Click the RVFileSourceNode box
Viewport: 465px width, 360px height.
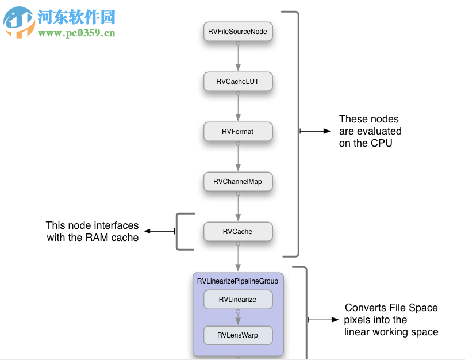click(x=237, y=32)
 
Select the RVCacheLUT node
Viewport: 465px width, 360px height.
click(x=237, y=82)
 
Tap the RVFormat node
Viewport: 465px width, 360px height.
click(x=237, y=132)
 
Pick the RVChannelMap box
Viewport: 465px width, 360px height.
click(x=237, y=182)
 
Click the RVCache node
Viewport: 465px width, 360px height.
click(x=237, y=232)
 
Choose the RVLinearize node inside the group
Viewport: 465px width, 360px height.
click(x=237, y=300)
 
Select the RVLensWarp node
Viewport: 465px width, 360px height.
click(x=237, y=335)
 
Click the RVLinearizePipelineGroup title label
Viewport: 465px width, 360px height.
click(x=237, y=281)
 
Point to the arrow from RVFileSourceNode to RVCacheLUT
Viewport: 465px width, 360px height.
click(x=237, y=56)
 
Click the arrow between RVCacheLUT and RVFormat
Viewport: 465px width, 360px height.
click(x=237, y=106)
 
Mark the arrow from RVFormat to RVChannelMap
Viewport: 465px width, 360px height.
click(x=237, y=156)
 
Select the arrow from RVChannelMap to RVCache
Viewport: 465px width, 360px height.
click(x=237, y=206)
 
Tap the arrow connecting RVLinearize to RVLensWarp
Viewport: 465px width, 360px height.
click(x=237, y=317)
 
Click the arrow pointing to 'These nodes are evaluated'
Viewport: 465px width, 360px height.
click(x=316, y=131)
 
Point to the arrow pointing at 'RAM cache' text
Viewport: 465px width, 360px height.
click(x=159, y=231)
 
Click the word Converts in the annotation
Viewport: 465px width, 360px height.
click(x=366, y=308)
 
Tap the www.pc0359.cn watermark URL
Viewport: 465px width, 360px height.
click(x=76, y=33)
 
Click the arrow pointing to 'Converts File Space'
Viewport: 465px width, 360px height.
click(x=324, y=319)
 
